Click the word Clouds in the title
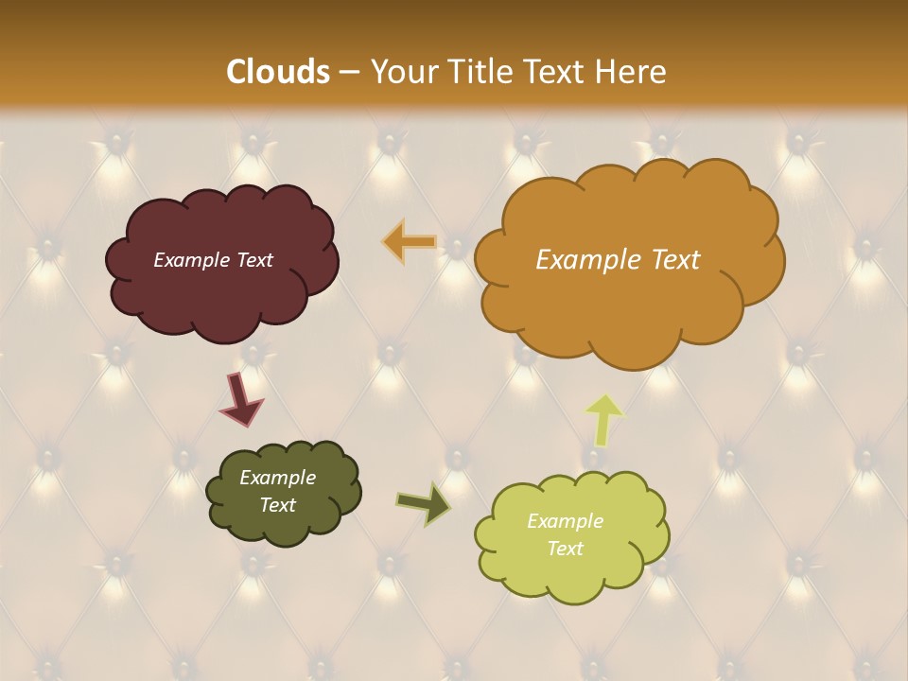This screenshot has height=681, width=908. click(278, 72)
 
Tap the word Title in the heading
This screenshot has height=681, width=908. click(480, 72)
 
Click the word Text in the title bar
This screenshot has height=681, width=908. click(558, 72)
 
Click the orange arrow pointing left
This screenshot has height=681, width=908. click(409, 242)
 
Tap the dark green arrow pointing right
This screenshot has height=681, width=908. click(424, 503)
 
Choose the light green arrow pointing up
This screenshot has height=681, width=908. click(604, 419)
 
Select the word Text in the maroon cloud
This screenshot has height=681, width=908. click(253, 260)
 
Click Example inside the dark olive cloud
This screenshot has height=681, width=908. click(277, 478)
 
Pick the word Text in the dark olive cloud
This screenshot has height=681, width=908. click(277, 505)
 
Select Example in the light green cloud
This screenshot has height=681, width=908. click(565, 521)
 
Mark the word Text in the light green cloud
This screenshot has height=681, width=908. click(565, 549)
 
